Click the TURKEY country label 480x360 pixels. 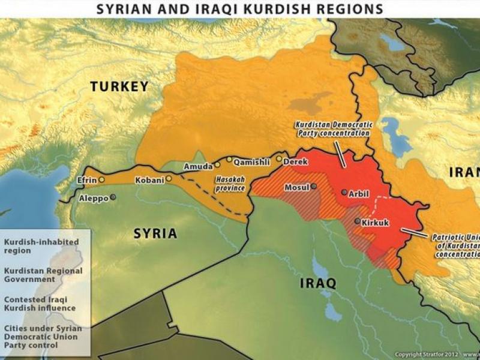click(x=119, y=87)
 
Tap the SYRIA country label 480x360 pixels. click(x=155, y=233)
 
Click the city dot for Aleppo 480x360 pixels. click(x=113, y=196)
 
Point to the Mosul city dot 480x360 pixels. click(x=314, y=187)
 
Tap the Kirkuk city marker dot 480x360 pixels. click(x=357, y=221)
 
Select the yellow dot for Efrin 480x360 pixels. click(x=101, y=179)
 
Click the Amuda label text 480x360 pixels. click(x=198, y=166)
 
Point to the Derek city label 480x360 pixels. click(x=295, y=161)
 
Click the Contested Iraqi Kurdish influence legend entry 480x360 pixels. click(x=40, y=304)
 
